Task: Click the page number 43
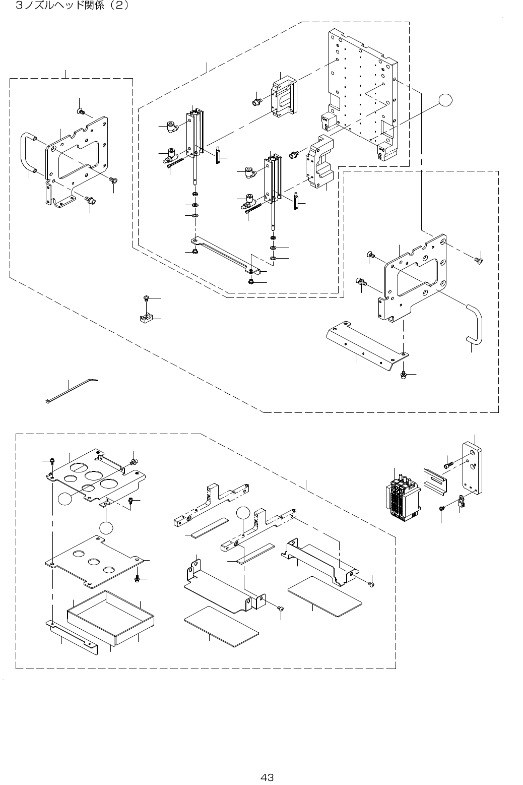267,777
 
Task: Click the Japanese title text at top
73,6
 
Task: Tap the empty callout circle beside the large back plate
445,100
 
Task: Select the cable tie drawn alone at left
72,390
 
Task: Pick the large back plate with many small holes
363,95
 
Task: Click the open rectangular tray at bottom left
110,618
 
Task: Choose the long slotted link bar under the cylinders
226,255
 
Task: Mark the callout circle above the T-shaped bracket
243,513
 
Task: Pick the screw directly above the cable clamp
147,298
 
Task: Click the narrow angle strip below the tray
72,637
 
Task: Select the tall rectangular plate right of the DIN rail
472,468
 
